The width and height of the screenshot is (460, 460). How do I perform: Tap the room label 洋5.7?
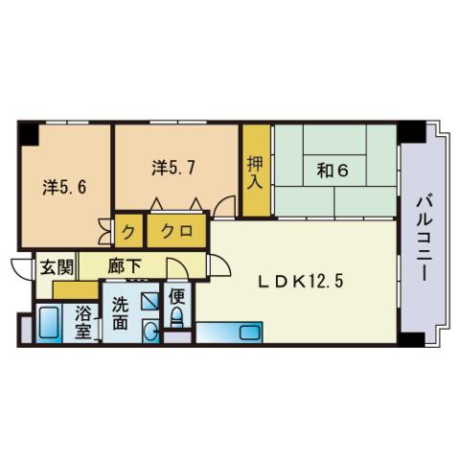point(174,167)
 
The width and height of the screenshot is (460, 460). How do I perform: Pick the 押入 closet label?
point(254,172)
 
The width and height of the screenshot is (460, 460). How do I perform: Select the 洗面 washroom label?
point(120,314)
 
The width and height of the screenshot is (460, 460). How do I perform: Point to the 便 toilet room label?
point(176,295)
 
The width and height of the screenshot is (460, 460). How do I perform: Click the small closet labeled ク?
point(129,231)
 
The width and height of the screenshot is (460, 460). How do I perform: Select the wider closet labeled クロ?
point(175,231)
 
